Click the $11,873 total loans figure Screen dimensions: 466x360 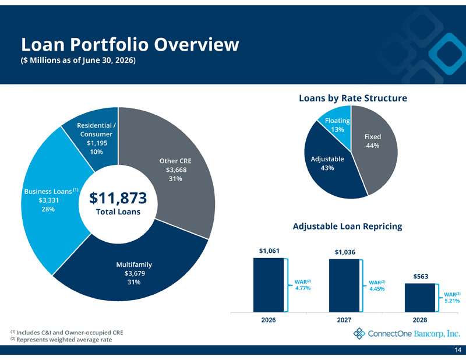pyautogui.click(x=118, y=198)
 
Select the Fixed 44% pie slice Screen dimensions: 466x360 pyautogui.click(x=376, y=146)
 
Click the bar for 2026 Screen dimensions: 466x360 pyautogui.click(x=269, y=285)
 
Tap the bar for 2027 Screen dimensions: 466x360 pyautogui.click(x=344, y=285)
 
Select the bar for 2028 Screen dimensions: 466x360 pyautogui.click(x=420, y=298)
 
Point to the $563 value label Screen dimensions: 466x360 pyautogui.click(x=421, y=277)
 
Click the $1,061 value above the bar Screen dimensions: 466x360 pyautogui.click(x=269, y=251)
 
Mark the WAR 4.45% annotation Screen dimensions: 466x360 pyautogui.click(x=377, y=285)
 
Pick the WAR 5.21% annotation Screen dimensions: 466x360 pyautogui.click(x=452, y=298)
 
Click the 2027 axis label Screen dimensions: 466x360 pyautogui.click(x=344, y=320)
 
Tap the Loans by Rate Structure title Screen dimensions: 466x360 pyautogui.click(x=353, y=98)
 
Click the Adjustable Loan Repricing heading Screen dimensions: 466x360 pyautogui.click(x=347, y=226)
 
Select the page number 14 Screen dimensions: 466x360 pyautogui.click(x=458, y=350)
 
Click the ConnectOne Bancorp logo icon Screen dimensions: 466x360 pyautogui.click(x=359, y=334)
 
